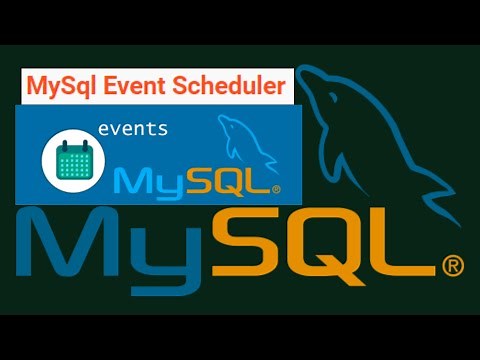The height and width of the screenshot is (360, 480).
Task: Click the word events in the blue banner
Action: pyautogui.click(x=133, y=130)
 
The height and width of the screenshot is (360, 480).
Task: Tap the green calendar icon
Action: pyautogui.click(x=69, y=159)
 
